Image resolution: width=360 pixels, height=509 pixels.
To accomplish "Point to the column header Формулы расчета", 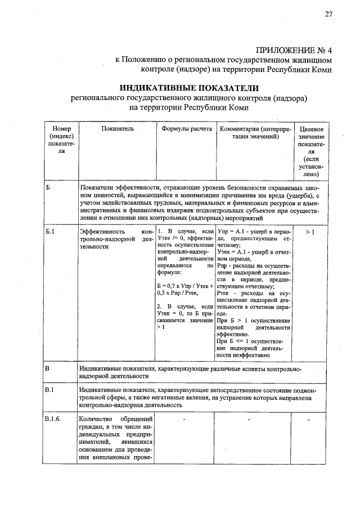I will coord(186,129).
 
